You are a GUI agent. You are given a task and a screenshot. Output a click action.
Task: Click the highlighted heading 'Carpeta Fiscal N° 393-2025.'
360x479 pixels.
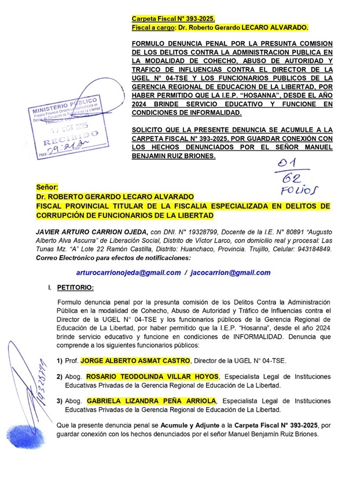pos(174,19)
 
